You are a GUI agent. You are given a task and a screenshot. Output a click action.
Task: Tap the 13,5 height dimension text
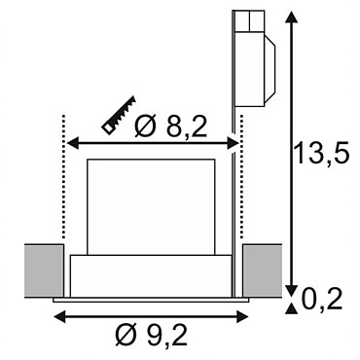(x=322, y=153)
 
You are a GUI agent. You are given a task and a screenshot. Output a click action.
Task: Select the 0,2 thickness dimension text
(x=322, y=299)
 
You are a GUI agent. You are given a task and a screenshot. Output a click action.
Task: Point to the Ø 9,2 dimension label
(x=152, y=335)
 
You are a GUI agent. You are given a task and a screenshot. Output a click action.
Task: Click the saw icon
(x=119, y=115)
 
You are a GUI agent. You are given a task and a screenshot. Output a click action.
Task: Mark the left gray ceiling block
(x=44, y=270)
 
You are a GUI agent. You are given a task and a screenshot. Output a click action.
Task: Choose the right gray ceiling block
(x=262, y=270)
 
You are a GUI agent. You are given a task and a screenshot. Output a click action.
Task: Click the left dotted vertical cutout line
(x=63, y=176)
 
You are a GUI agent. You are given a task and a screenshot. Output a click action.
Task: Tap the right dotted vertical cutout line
(x=241, y=176)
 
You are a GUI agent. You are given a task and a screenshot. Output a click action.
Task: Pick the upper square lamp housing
(x=151, y=207)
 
